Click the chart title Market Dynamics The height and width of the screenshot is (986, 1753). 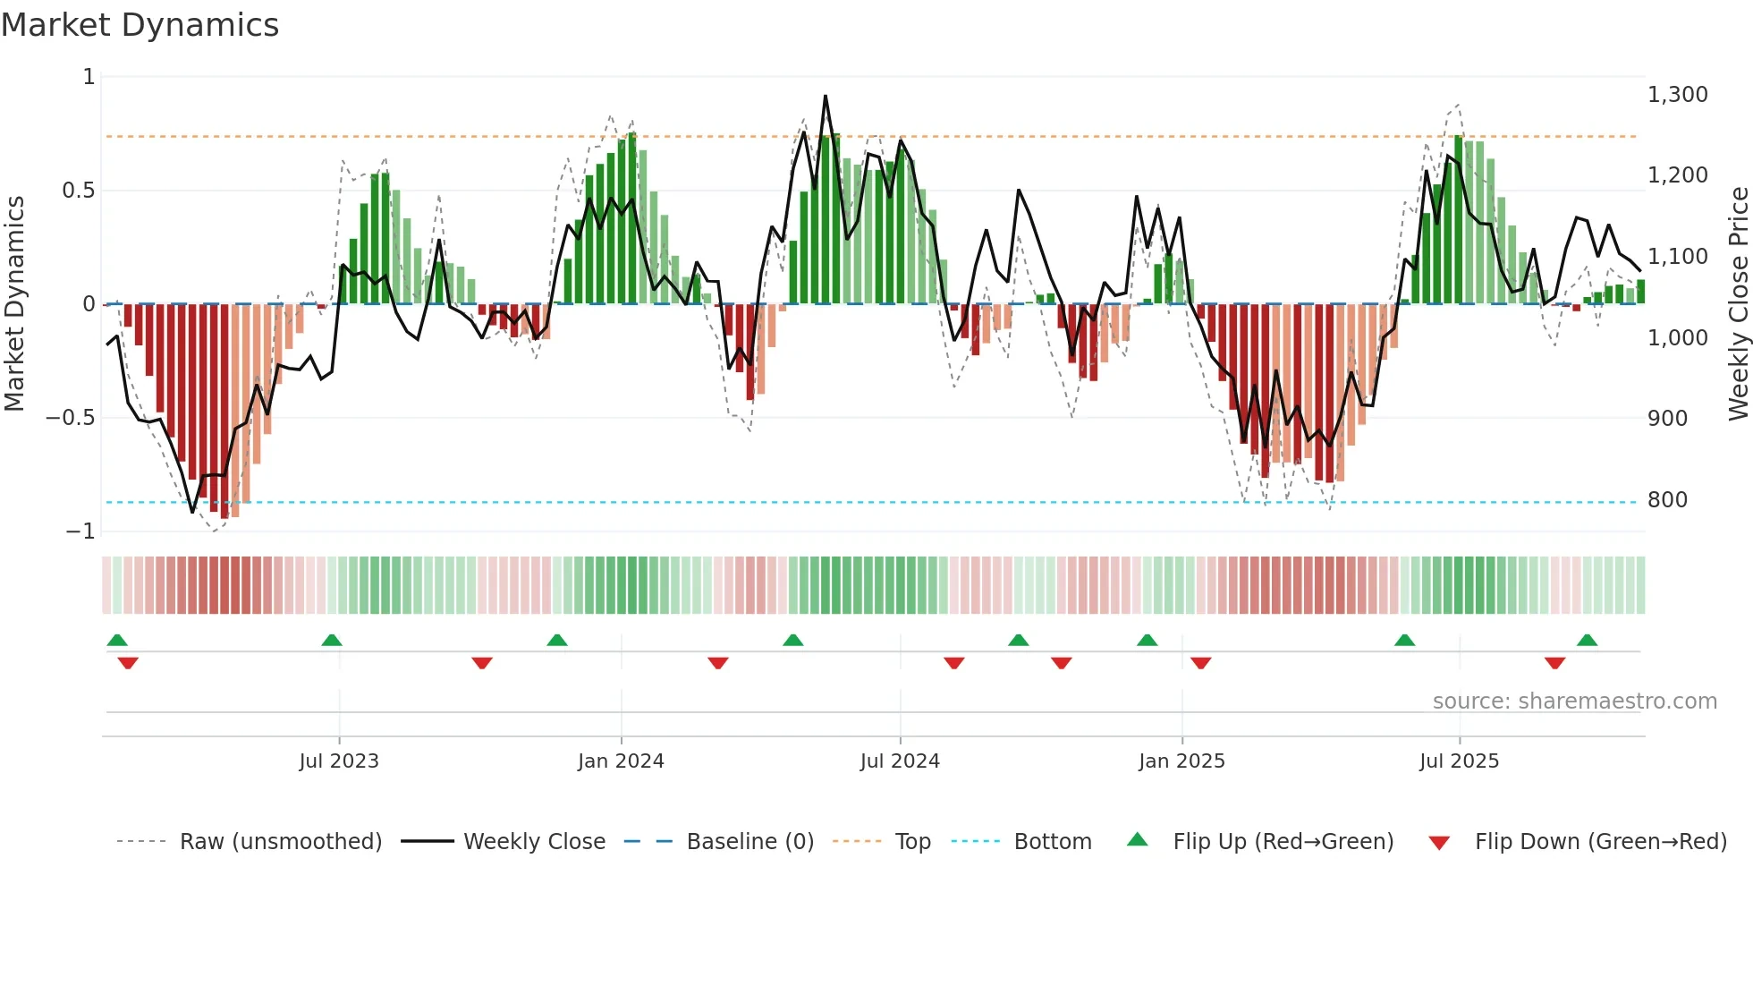(140, 25)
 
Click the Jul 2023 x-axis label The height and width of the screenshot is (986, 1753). (339, 761)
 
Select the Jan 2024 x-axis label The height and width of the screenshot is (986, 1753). (621, 761)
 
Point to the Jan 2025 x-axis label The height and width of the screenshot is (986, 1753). (1181, 761)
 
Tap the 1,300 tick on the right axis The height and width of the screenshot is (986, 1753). (1677, 95)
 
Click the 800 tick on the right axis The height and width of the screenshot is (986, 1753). (1667, 500)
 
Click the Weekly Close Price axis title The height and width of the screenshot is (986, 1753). (1738, 303)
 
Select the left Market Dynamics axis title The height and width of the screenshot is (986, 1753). (15, 303)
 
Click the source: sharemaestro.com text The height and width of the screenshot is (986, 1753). (1574, 701)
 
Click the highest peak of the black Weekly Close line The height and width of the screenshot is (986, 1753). (825, 96)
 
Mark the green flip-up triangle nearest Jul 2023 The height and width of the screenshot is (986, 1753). (332, 640)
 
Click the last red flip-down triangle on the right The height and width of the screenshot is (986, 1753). (1554, 663)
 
